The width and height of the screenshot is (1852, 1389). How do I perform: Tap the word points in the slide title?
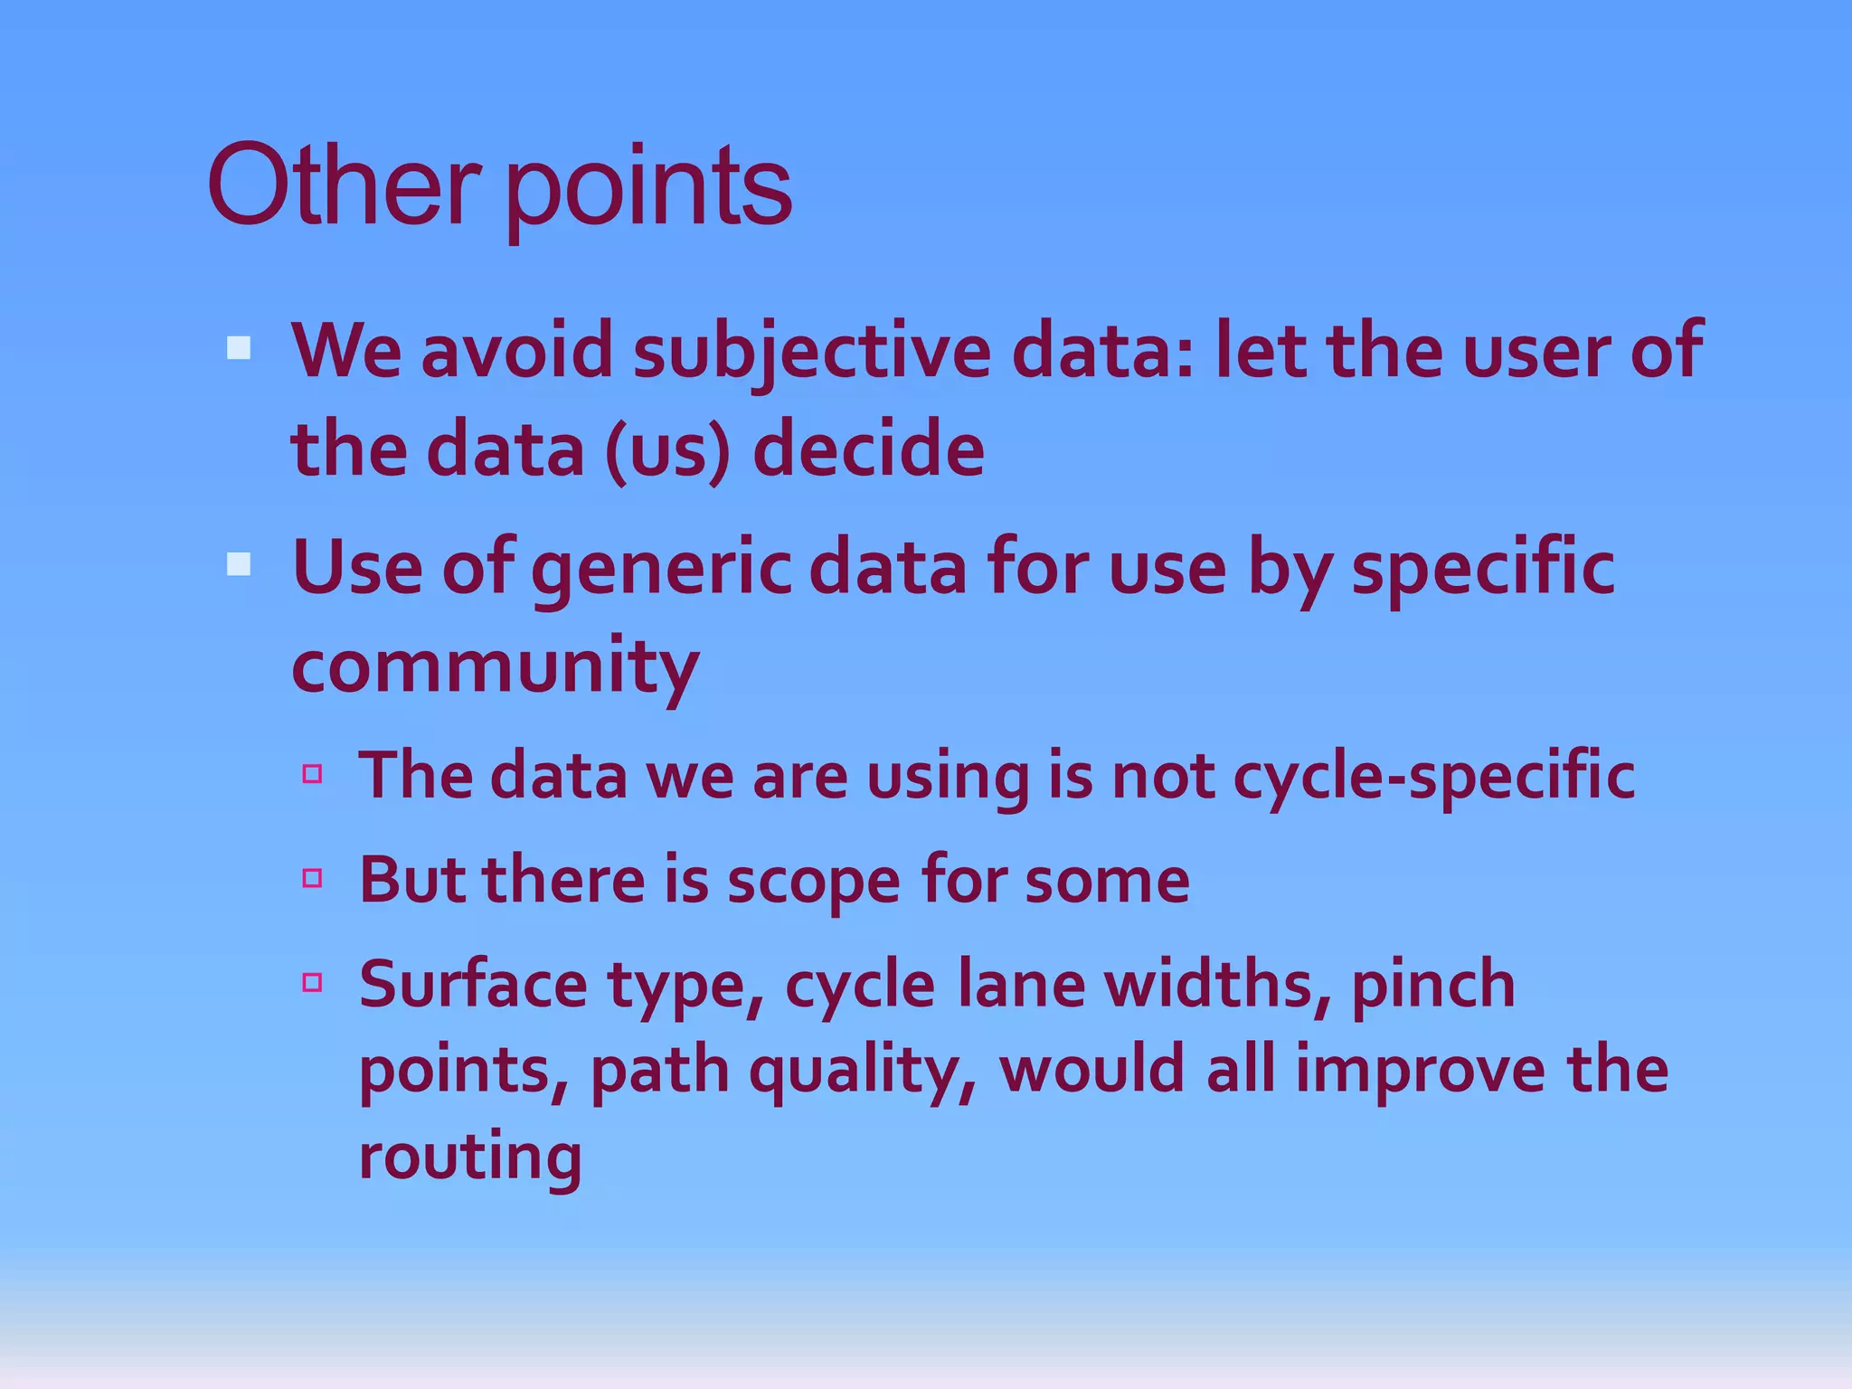click(x=647, y=190)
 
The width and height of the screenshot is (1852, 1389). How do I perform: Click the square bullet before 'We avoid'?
click(x=239, y=348)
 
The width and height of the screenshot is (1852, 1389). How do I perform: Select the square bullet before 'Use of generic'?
click(x=239, y=565)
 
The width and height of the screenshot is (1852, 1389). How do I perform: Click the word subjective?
click(x=811, y=353)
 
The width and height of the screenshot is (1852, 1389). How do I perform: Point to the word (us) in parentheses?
click(x=666, y=450)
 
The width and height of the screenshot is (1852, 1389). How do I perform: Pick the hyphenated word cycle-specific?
click(x=1433, y=778)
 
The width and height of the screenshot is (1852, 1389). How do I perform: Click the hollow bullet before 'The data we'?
click(x=313, y=773)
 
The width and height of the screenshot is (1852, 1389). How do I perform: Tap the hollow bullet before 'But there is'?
click(x=313, y=877)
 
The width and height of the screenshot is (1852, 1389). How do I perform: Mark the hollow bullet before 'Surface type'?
click(x=313, y=982)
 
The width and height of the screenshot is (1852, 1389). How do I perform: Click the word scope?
click(x=813, y=883)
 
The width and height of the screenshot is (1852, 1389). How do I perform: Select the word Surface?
click(x=473, y=984)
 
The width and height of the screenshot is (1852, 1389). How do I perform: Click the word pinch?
click(x=1433, y=986)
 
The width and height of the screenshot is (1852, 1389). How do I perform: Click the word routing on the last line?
click(x=470, y=1157)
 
